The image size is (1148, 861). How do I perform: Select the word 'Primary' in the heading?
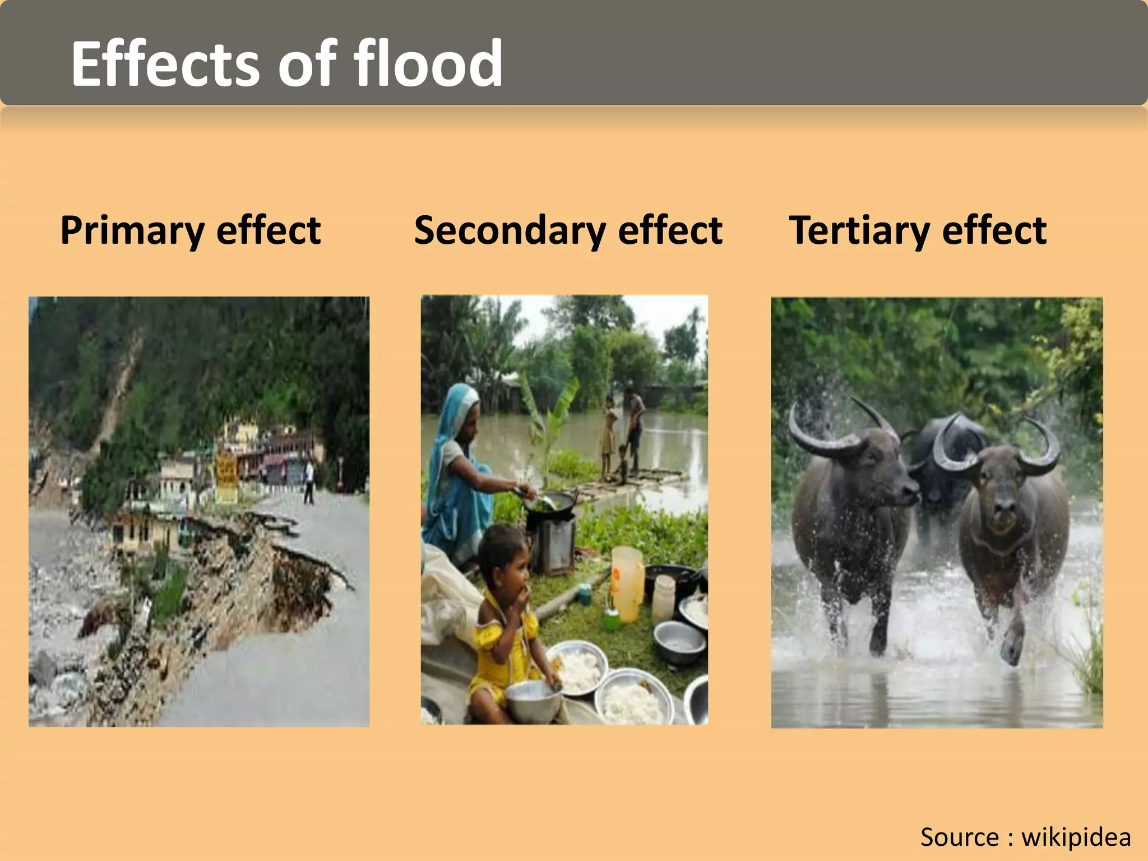point(132,230)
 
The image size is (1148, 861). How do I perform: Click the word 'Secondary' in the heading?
point(508,230)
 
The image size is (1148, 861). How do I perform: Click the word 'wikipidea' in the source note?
point(1076,837)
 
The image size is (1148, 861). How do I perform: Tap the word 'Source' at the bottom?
point(959,837)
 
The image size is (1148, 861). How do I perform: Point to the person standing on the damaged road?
point(309,482)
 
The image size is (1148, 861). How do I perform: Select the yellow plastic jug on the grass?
point(627,583)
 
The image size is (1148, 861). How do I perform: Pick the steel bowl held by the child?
point(533,701)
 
